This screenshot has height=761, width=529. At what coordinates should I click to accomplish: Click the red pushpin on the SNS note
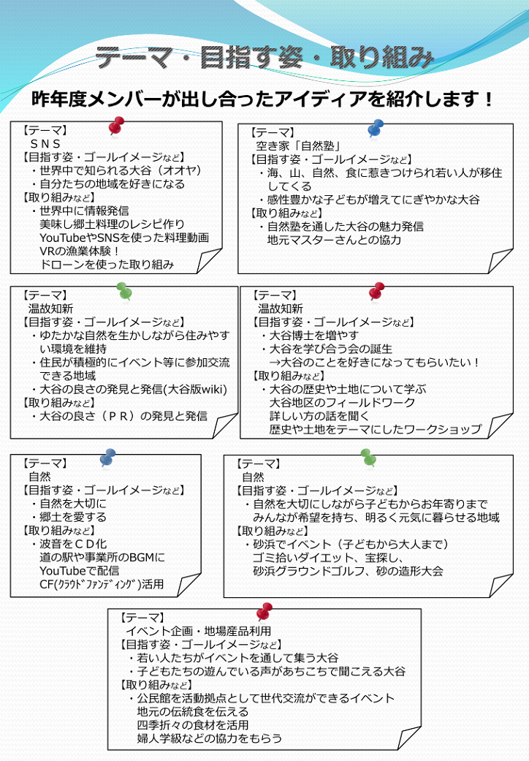[x=116, y=126]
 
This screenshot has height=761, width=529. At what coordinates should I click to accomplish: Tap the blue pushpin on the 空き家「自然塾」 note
[x=376, y=128]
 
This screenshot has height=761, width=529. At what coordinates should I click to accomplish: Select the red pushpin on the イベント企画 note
[x=264, y=612]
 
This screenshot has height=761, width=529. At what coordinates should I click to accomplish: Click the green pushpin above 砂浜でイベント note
[x=368, y=457]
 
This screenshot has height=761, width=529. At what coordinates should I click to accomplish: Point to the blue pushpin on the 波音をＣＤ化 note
[x=107, y=458]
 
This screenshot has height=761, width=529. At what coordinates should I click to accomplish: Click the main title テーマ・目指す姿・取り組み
[x=264, y=57]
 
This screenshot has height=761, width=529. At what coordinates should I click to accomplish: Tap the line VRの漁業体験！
[x=80, y=251]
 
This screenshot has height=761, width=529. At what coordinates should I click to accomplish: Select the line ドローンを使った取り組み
[x=107, y=265]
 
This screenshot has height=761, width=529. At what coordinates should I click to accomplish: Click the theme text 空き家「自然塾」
[x=298, y=145]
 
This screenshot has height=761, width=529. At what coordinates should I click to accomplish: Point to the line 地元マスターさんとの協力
[x=334, y=240]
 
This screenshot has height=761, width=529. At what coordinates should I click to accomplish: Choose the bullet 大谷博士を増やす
[x=310, y=336]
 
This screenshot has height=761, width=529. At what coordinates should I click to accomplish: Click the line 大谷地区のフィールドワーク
[x=343, y=402]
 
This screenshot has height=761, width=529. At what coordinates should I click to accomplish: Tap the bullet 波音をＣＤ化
[x=69, y=544]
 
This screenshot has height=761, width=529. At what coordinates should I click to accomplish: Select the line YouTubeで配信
[x=80, y=571]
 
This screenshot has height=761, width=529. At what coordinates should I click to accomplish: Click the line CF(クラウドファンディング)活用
[x=102, y=584]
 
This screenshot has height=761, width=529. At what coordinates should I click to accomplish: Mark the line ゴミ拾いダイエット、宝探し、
[x=328, y=558]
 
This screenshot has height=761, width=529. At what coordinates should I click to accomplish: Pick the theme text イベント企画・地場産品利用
[x=198, y=631]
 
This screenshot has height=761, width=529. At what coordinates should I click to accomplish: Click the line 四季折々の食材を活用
[x=193, y=725]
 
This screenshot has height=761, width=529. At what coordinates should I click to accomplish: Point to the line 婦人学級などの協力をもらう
[x=210, y=738]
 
